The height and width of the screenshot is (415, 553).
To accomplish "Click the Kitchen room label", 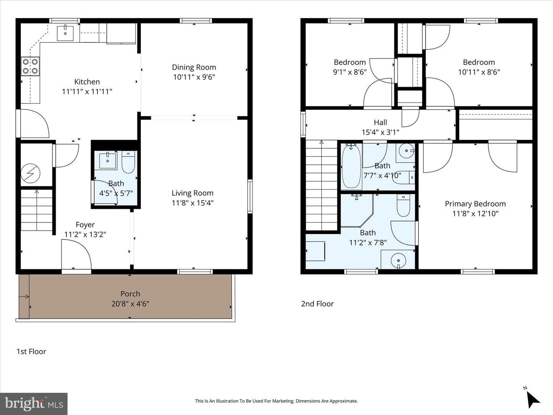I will click(x=87, y=82).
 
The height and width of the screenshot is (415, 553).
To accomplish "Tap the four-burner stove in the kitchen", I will click(x=30, y=66).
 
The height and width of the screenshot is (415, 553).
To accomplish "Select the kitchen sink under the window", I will click(x=66, y=33).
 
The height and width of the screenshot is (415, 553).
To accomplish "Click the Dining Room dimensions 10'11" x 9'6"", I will click(x=194, y=77).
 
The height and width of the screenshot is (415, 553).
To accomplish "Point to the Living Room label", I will click(x=192, y=193).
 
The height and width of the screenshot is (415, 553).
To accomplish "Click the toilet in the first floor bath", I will click(x=128, y=163).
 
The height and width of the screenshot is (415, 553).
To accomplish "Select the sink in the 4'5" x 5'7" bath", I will click(x=108, y=161).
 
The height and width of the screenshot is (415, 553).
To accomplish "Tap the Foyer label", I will click(x=85, y=225).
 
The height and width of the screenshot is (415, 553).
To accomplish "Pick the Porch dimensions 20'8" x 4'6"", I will click(x=130, y=304).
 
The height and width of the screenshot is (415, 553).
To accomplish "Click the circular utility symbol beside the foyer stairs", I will click(x=30, y=173).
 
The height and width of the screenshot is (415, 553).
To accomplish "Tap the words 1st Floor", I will click(x=31, y=351).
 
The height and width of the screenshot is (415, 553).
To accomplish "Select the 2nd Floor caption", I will click(x=317, y=304).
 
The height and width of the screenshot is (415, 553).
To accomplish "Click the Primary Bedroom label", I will click(x=475, y=204).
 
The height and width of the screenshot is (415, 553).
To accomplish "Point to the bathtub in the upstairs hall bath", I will click(x=351, y=166).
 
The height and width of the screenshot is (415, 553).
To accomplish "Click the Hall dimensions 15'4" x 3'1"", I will click(x=380, y=132).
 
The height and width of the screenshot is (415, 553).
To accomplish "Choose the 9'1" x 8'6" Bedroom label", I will click(x=349, y=62).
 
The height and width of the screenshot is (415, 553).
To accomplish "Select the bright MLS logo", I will click(x=34, y=403).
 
